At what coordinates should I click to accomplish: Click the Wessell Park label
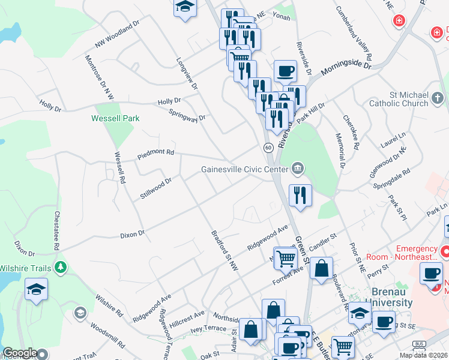(115, 118)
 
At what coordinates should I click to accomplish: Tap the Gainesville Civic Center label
(246, 169)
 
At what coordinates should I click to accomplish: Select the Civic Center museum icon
(297, 169)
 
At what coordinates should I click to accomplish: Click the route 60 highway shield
(268, 147)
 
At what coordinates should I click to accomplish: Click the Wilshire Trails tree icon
(60, 266)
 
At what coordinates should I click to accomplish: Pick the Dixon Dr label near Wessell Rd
(133, 232)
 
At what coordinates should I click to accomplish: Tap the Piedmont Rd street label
(155, 152)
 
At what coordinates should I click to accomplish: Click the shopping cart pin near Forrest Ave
(286, 258)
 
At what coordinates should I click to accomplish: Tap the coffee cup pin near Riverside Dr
(285, 71)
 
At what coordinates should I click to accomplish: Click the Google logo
(20, 353)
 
